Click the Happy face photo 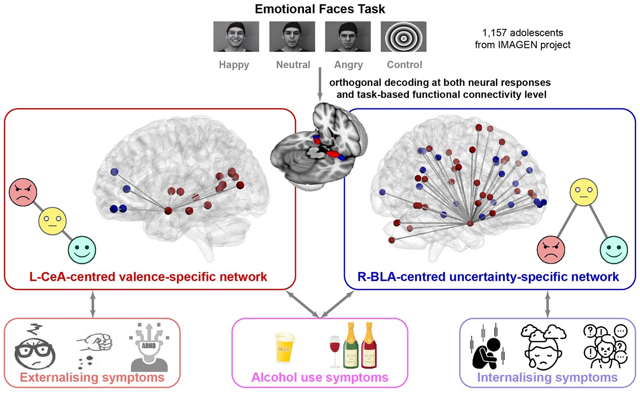click(x=236, y=37)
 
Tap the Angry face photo click(x=348, y=37)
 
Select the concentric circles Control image click(x=404, y=37)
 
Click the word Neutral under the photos click(x=293, y=65)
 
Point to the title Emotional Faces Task click(x=320, y=9)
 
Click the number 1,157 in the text click(x=494, y=33)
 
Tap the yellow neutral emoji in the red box click(x=53, y=221)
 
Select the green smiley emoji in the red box click(x=82, y=250)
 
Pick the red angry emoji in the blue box click(x=551, y=249)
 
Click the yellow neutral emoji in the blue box click(x=583, y=192)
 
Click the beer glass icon click(x=284, y=348)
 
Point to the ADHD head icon click(x=149, y=348)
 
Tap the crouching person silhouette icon click(x=487, y=349)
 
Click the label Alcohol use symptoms click(x=320, y=377)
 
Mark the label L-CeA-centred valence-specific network click(x=148, y=277)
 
